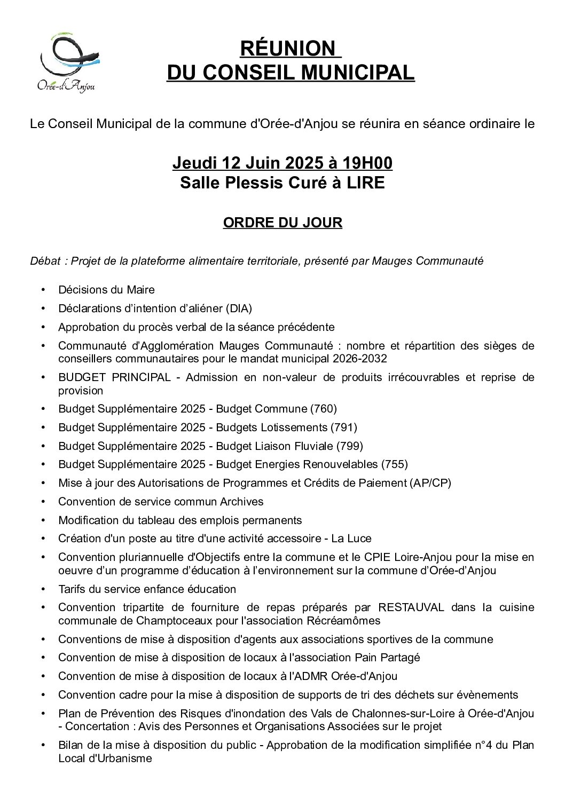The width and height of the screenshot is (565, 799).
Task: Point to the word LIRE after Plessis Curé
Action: point(365,183)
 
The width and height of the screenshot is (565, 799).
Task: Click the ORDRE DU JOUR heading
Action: point(282,223)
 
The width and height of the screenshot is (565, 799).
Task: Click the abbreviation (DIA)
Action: point(238,308)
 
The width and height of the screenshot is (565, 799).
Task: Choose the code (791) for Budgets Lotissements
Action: point(344,428)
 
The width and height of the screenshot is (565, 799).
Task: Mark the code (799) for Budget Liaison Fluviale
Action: point(350,446)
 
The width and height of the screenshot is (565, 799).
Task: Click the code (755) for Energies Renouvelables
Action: point(395,464)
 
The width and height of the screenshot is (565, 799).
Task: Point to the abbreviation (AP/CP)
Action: point(430,483)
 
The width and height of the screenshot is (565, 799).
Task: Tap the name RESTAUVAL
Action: point(411,607)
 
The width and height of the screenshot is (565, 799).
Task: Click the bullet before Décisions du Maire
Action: point(43,290)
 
